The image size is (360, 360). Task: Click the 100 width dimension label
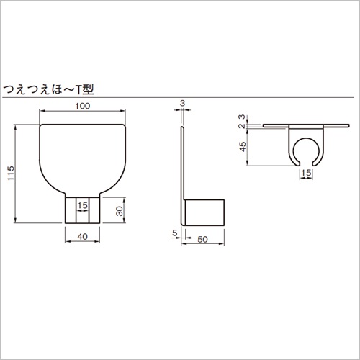(x=83, y=106)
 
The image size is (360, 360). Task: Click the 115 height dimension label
(x=11, y=174)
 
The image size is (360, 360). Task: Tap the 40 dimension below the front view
(x=82, y=237)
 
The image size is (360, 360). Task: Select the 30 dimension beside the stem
(x=120, y=210)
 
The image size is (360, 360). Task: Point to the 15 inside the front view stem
(x=83, y=205)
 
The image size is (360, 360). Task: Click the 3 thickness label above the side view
(x=182, y=103)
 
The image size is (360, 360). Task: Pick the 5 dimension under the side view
(x=175, y=233)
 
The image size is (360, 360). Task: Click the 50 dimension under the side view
(x=202, y=239)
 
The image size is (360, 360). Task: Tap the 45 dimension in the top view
(x=243, y=147)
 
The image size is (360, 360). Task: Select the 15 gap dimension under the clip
(x=306, y=173)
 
